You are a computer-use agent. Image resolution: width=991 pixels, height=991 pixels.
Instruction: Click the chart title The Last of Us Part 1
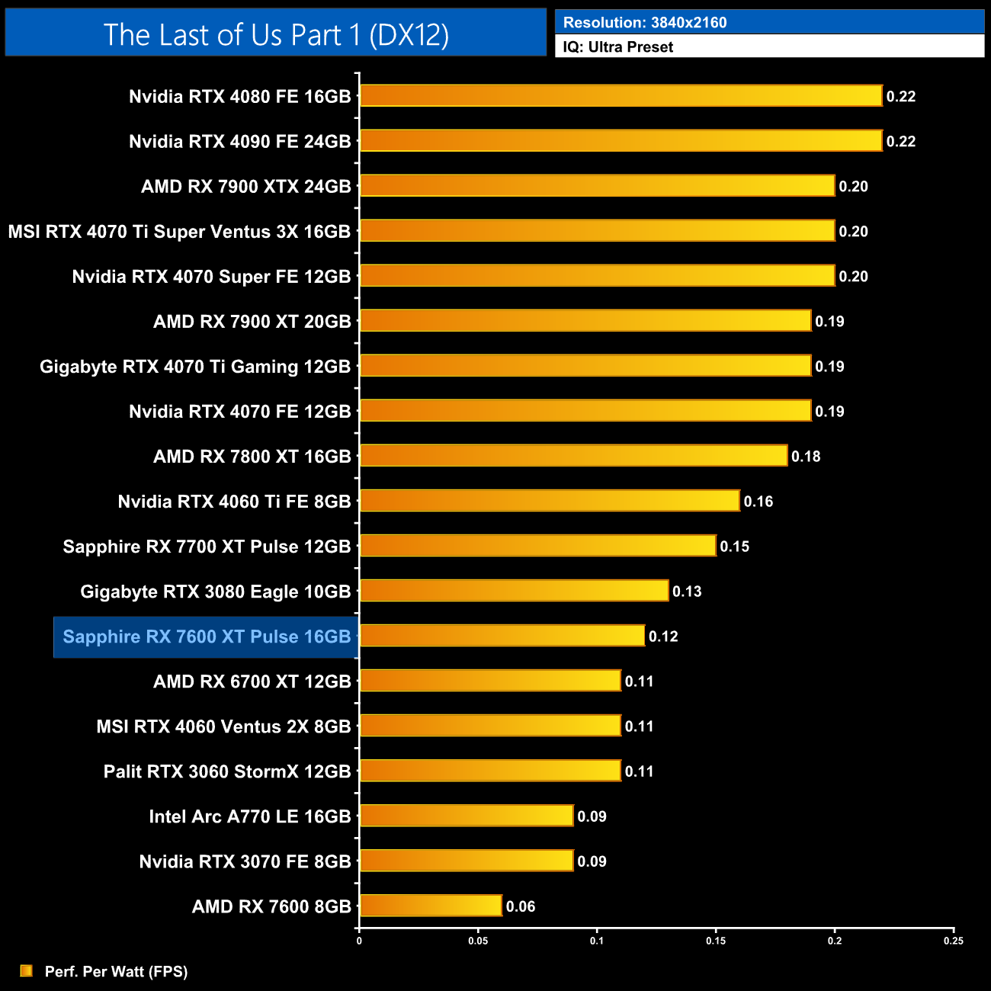click(276, 34)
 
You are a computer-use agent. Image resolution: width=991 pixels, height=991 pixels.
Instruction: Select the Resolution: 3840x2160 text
click(645, 22)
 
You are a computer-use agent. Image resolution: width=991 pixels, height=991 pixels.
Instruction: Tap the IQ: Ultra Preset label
click(617, 47)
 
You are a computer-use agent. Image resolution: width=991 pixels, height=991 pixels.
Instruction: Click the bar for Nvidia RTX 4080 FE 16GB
click(621, 96)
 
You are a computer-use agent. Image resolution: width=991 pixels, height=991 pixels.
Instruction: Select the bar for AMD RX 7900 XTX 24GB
click(597, 186)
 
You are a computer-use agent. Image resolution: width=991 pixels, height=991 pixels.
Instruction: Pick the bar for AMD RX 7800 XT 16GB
click(573, 456)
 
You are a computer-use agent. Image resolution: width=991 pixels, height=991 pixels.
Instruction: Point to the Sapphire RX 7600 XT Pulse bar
click(502, 636)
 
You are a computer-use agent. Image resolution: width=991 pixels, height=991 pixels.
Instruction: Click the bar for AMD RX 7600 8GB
click(431, 906)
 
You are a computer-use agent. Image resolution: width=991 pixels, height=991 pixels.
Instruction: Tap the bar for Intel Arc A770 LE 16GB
click(467, 816)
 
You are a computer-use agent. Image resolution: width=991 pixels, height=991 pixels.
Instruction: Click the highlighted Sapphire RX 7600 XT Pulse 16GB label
click(207, 637)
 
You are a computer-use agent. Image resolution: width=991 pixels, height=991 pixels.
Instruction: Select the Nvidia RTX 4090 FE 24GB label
click(239, 142)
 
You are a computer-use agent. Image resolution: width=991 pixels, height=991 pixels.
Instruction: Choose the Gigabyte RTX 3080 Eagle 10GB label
click(215, 592)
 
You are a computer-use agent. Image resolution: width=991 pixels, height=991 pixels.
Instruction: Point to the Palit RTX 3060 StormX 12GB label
click(227, 771)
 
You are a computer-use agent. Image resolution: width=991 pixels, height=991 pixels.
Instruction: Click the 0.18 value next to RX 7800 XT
click(806, 457)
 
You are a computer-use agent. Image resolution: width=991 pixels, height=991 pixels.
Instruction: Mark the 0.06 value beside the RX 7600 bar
click(521, 906)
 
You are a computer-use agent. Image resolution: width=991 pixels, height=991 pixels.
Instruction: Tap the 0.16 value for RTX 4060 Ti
click(758, 502)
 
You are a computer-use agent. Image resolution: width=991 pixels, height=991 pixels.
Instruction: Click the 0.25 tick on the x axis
click(954, 941)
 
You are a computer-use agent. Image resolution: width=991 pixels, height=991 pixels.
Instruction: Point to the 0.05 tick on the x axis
click(478, 941)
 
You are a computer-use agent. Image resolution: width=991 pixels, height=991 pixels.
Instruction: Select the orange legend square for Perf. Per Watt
click(27, 970)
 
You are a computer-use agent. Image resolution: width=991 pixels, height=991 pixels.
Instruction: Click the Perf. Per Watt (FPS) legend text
click(116, 971)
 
